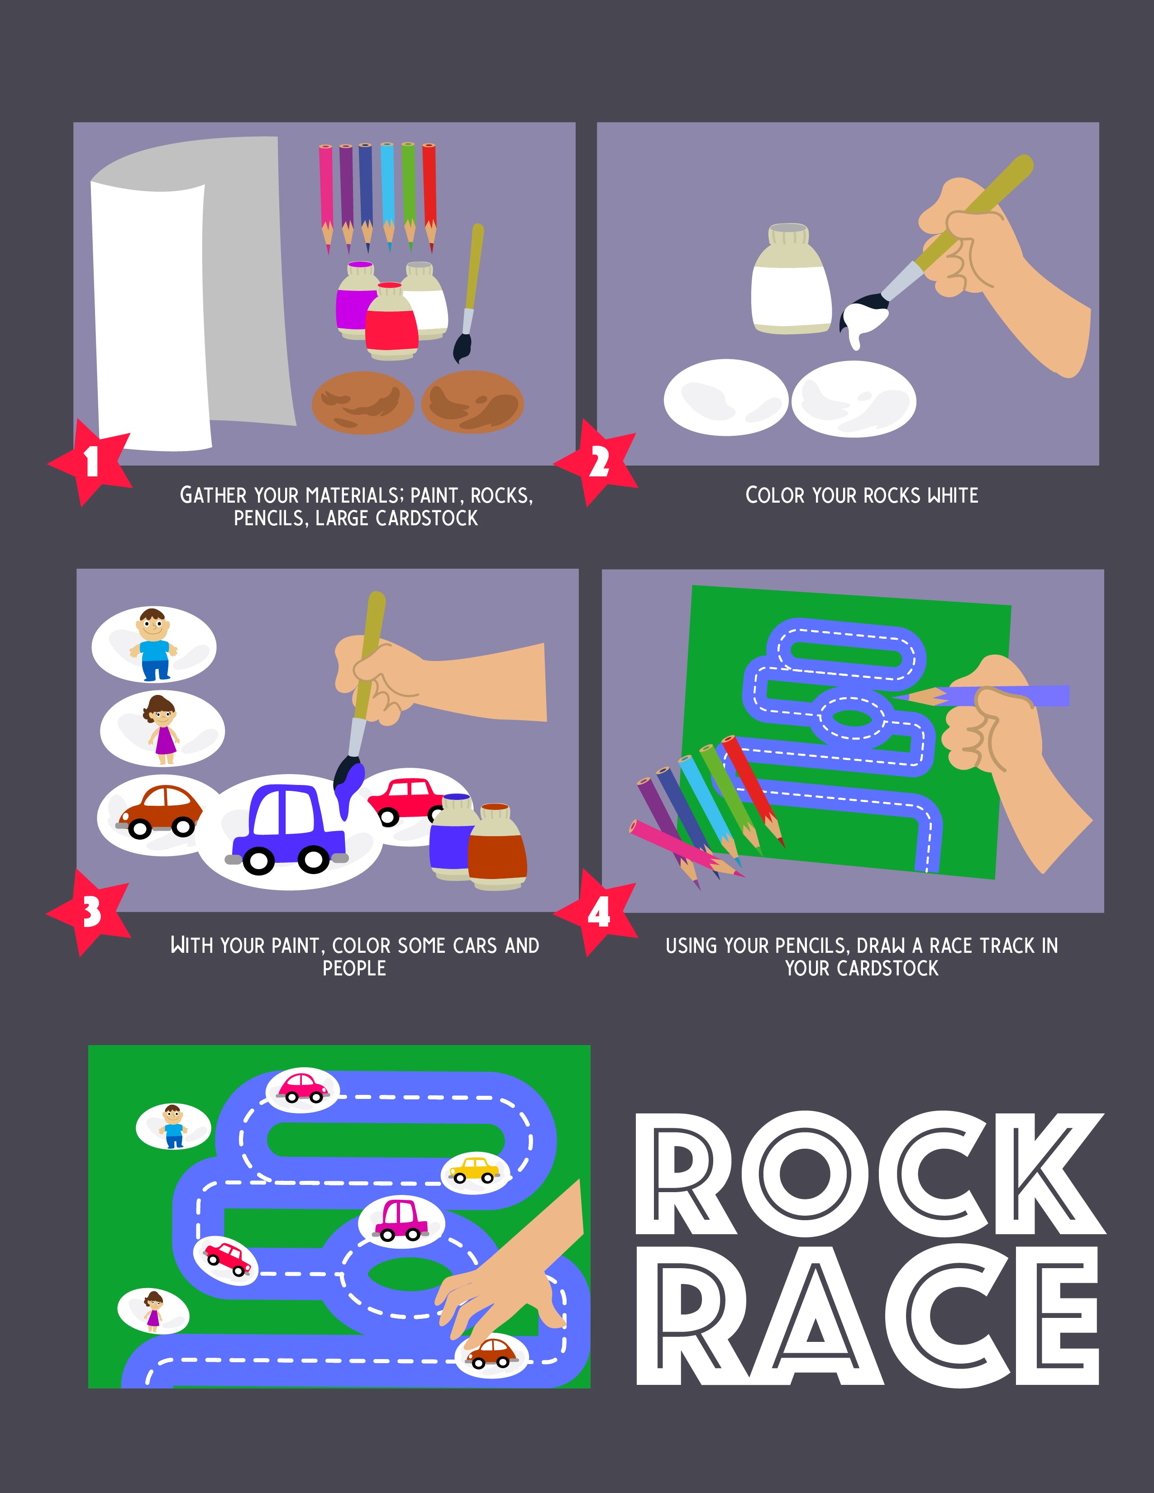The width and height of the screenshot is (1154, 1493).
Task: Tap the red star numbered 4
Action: point(597,912)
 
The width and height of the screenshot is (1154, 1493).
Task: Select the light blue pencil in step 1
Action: point(388,195)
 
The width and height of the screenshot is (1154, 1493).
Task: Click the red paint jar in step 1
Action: point(391,321)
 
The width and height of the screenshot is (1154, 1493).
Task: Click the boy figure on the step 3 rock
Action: point(155,644)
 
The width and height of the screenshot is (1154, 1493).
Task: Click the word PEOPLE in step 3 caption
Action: point(354,968)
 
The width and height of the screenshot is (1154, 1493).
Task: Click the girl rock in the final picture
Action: point(153,1309)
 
